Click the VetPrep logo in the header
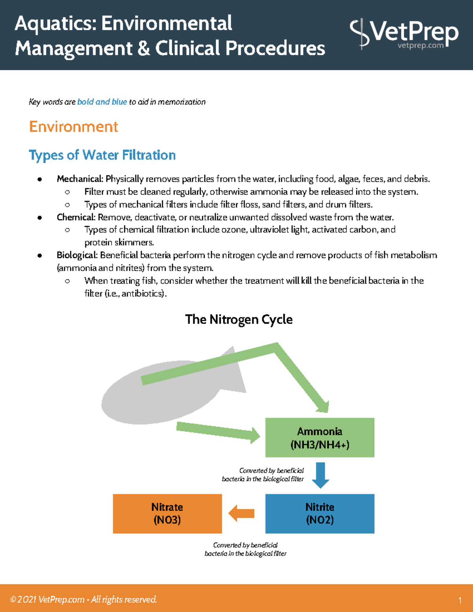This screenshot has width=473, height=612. [x=404, y=33]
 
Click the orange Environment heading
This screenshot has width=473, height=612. [x=74, y=127]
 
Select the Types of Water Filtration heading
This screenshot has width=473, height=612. [x=102, y=155]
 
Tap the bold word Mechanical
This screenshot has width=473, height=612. [x=80, y=179]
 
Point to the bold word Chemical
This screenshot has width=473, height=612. [x=76, y=217]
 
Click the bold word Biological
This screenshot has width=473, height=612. [x=76, y=255]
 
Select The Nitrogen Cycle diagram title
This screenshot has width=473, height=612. [x=239, y=319]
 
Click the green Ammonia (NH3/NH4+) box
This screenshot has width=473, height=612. [x=320, y=437]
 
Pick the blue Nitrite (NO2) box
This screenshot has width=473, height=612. [x=320, y=513]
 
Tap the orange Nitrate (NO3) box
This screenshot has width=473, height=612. [x=167, y=513]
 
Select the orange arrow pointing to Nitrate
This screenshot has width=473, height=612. [x=242, y=513]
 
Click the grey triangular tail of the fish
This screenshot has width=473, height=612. [x=235, y=374]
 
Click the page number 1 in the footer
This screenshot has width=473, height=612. [x=460, y=601]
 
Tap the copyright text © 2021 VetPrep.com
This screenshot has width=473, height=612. [x=47, y=599]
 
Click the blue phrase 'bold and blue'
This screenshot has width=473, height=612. [x=102, y=102]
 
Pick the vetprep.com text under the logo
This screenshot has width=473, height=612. [x=421, y=45]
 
